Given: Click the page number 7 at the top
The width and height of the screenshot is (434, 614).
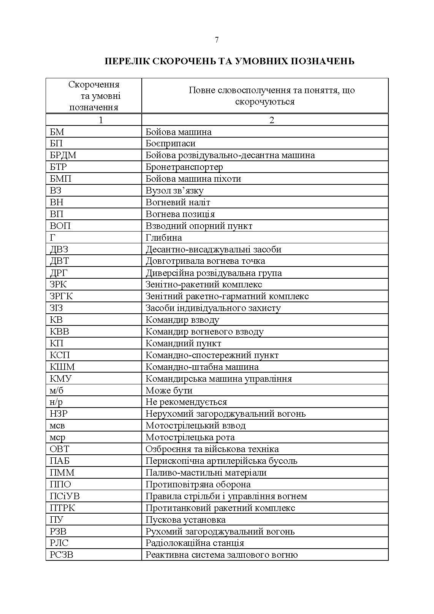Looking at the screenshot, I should [217, 40].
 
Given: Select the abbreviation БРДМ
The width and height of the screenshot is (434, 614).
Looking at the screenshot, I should [63, 155].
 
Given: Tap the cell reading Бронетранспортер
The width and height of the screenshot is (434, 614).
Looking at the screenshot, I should [184, 167].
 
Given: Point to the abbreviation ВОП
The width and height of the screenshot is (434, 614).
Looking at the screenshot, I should [60, 226].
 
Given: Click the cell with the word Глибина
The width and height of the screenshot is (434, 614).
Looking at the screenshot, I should [164, 238].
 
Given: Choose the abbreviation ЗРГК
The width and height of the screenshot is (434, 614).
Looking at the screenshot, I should [61, 296].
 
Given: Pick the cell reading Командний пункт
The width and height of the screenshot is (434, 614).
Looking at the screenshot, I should [183, 343].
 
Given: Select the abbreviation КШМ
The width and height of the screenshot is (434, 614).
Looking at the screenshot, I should [62, 367].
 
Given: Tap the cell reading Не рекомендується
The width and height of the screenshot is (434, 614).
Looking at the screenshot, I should [186, 402].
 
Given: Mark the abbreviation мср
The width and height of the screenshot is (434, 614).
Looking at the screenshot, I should [57, 437].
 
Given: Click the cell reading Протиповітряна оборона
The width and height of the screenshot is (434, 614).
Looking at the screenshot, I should [198, 484].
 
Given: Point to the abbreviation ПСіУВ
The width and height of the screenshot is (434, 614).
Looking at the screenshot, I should [65, 496].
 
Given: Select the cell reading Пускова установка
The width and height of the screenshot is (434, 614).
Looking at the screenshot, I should [185, 520].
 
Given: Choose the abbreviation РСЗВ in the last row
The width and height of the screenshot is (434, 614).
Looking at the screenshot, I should [62, 555].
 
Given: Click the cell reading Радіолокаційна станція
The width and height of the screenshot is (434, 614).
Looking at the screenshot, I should [195, 543].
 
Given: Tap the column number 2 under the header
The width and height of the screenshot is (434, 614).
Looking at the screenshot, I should [271, 120].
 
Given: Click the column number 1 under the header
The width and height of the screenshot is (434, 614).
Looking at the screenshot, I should [101, 120].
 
